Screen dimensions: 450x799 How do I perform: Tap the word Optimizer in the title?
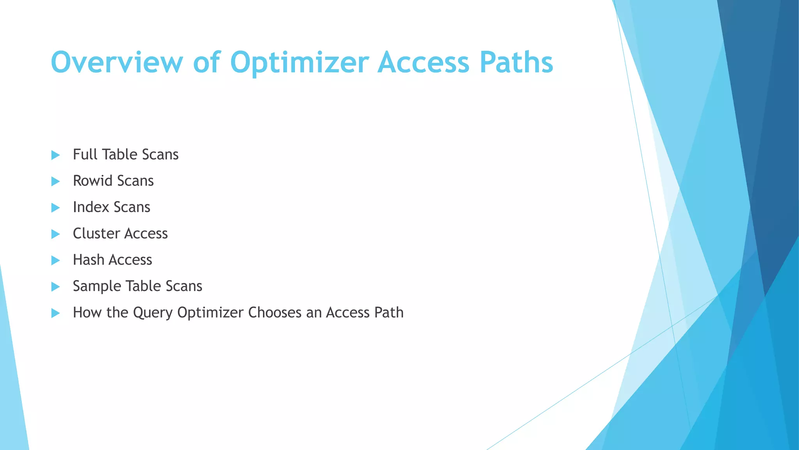[299, 62]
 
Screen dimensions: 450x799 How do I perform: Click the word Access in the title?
[423, 62]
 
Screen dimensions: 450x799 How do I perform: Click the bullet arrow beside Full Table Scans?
[55, 155]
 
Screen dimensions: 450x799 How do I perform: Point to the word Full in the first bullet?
[85, 154]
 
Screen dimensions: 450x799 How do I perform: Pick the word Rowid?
[92, 181]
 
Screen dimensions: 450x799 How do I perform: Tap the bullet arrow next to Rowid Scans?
[55, 181]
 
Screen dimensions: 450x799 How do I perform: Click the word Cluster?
[96, 234]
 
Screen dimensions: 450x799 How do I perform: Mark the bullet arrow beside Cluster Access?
[55, 234]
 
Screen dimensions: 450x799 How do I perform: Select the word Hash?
[88, 260]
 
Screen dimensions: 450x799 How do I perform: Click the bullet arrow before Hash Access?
[55, 260]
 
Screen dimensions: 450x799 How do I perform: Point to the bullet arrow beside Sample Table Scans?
[55, 287]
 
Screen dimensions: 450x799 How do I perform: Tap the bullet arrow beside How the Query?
[55, 313]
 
